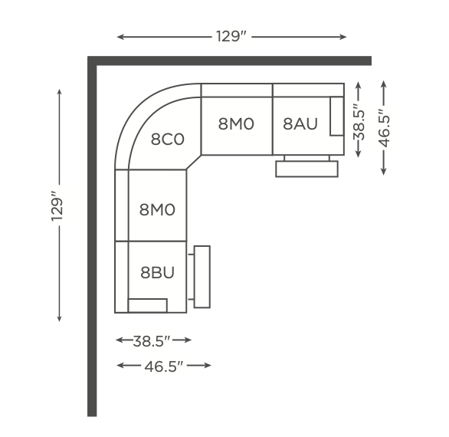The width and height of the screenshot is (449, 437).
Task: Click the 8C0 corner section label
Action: [168, 140]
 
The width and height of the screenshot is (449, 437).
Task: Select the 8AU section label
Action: [300, 123]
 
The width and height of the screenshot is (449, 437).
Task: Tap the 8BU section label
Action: [157, 272]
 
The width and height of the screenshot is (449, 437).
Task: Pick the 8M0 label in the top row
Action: [236, 124]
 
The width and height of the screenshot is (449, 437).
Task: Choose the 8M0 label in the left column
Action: [157, 209]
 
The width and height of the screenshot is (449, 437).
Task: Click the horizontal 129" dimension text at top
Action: [231, 36]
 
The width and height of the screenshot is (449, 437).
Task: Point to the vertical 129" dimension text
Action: [57, 205]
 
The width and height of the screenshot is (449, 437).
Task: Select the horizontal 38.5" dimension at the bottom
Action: [152, 341]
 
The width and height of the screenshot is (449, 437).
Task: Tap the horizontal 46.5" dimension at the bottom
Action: [163, 366]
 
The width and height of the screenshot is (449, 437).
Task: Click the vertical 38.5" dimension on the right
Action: [359, 121]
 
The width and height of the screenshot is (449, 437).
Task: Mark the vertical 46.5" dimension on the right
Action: [385, 128]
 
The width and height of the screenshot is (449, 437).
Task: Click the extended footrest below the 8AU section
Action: [306, 169]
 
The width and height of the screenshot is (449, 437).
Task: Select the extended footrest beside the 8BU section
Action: [202, 277]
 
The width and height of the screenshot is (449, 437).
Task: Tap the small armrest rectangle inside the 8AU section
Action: [337, 116]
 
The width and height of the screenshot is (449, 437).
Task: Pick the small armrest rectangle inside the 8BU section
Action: [148, 305]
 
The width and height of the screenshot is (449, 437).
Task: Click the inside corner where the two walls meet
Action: [97, 66]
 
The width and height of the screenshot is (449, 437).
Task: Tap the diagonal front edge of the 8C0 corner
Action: [194, 163]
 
